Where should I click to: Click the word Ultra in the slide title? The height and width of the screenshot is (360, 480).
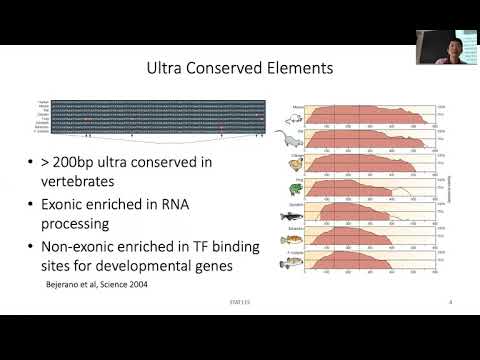click(x=166, y=70)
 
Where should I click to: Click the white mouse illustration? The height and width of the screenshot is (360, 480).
click(x=292, y=115)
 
